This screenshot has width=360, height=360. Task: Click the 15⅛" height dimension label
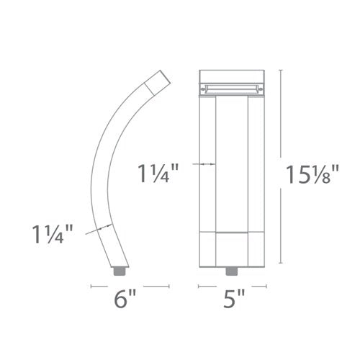(x=312, y=174)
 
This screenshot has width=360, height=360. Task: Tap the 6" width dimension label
(x=125, y=299)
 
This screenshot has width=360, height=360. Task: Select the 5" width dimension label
(x=234, y=299)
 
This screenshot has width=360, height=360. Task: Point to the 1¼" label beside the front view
(x=158, y=174)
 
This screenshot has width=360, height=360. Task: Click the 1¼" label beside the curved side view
(x=53, y=234)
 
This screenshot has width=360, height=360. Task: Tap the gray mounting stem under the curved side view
(x=120, y=271)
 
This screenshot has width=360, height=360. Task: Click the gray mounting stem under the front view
(x=232, y=271)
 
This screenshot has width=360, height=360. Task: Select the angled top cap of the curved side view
(x=158, y=82)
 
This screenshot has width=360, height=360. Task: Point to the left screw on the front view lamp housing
(x=203, y=89)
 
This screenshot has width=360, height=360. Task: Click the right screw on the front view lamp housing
(x=261, y=89)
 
